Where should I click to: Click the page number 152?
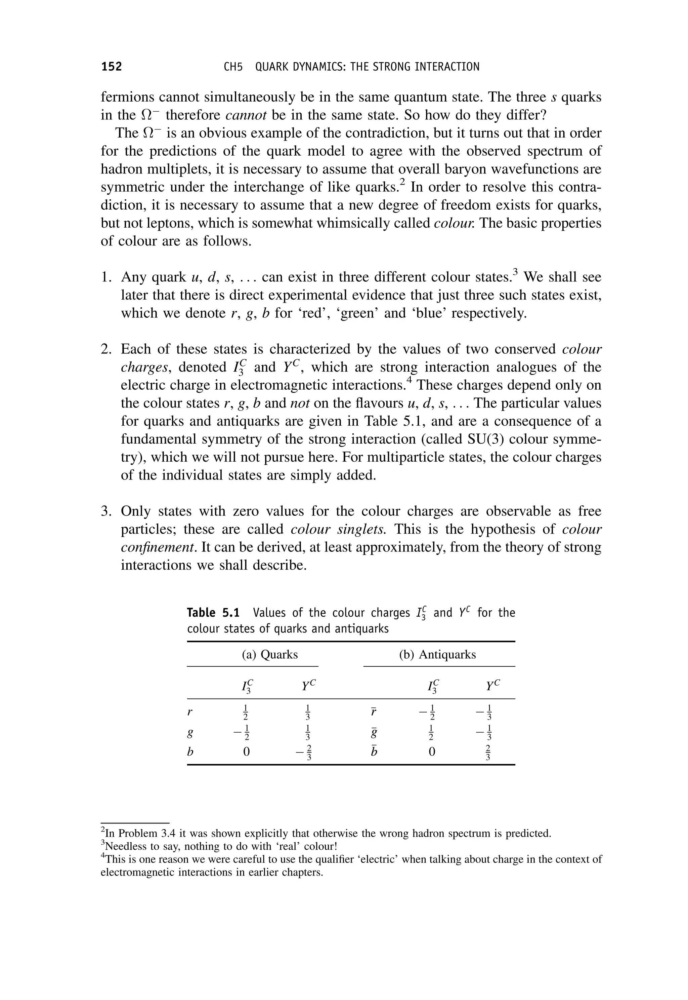pyautogui.click(x=112, y=67)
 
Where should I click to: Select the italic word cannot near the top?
pyautogui.click(x=246, y=115)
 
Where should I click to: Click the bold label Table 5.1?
pyautogui.click(x=213, y=613)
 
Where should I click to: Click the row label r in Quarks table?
pyautogui.click(x=190, y=712)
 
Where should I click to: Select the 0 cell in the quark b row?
pyautogui.click(x=247, y=752)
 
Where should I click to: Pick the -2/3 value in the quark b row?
pyautogui.click(x=304, y=752)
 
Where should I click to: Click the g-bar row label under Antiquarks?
pyautogui.click(x=374, y=732)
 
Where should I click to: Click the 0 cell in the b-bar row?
pyautogui.click(x=432, y=752)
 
